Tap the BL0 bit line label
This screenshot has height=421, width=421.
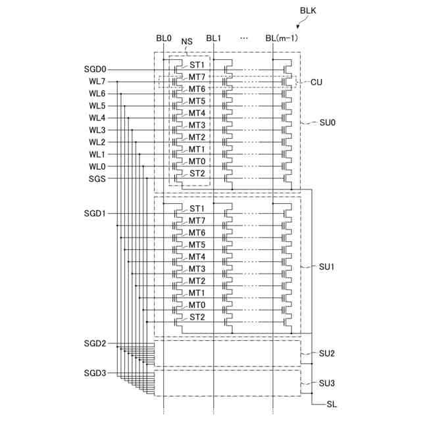point(164,38)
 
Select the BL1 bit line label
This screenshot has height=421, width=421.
point(214,38)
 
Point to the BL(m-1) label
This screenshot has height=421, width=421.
point(282,38)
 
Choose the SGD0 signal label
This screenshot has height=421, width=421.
point(95,69)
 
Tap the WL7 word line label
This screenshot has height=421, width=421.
point(97,82)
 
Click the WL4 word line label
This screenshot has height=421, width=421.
point(97,118)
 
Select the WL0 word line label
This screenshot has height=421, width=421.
point(97,166)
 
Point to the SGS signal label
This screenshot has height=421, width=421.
point(98,178)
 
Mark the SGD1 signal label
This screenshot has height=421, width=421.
point(95,214)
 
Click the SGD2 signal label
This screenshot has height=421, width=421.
point(95,343)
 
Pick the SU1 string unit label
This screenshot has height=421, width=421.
point(327,267)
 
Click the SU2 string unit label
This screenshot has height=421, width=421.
point(327,354)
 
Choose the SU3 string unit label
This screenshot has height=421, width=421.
point(327,383)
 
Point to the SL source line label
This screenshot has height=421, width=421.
point(332,405)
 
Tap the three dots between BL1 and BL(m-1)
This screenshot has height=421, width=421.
point(244,38)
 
